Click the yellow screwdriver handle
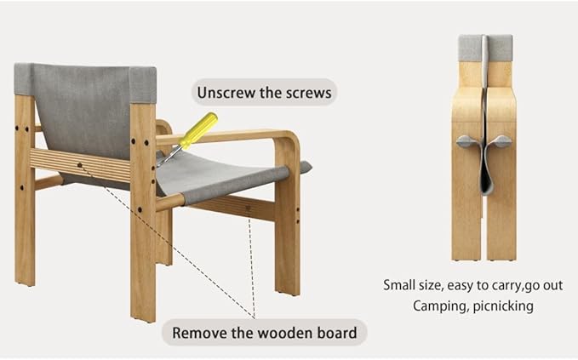198,131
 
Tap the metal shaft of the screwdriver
169,157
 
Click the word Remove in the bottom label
200,333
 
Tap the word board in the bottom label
337,333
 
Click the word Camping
440,306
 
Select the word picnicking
503,306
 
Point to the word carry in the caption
504,286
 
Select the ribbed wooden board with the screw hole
80,165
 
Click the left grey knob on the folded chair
466,141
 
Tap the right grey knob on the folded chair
501,140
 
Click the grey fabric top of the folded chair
485,48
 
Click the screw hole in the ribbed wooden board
80,165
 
